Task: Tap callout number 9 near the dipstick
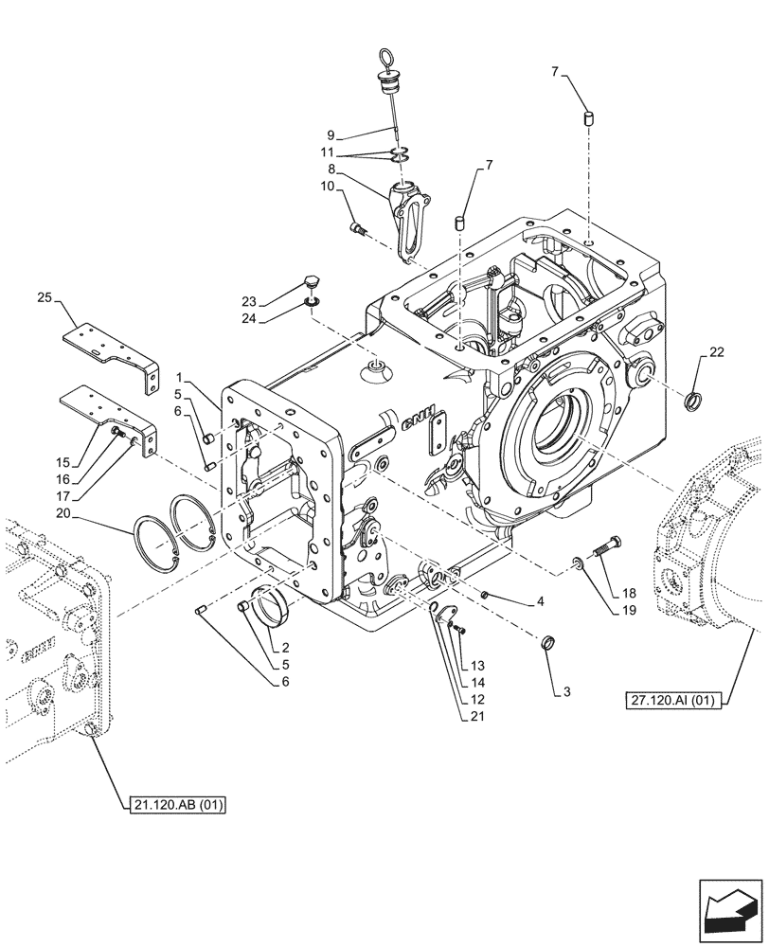[x=331, y=134]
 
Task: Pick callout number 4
[x=539, y=601]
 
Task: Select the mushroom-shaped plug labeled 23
[x=313, y=280]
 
